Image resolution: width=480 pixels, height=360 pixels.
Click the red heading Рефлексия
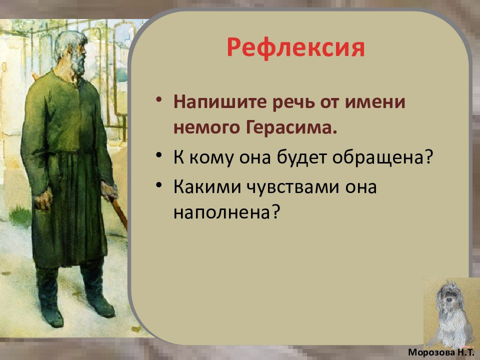295,48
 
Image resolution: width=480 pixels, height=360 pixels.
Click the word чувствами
293,186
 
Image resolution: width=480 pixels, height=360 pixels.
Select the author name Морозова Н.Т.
441,352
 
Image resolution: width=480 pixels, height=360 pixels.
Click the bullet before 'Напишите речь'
158,100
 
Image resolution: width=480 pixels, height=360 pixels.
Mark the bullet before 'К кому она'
158,154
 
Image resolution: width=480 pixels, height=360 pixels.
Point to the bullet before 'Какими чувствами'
158,184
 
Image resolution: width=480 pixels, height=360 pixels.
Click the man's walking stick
119,213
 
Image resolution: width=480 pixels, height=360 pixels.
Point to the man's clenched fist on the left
43,199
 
